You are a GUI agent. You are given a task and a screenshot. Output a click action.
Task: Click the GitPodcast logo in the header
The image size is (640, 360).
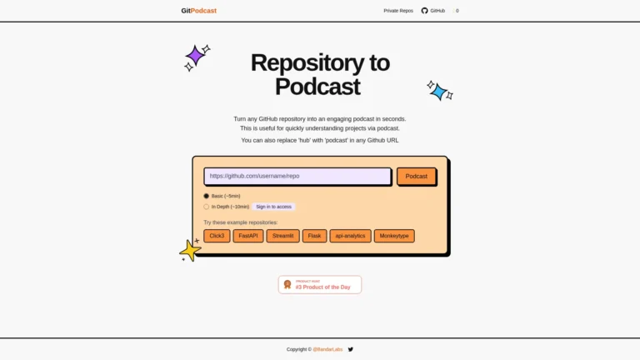tap(198, 11)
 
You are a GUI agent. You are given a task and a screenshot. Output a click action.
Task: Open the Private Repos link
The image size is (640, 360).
tap(398, 11)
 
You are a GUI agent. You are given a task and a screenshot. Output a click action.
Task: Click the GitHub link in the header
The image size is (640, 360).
tap(433, 11)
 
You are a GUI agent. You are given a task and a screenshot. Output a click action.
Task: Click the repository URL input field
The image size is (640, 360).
tap(297, 176)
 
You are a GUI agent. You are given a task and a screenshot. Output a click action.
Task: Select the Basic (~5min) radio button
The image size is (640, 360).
tap(207, 196)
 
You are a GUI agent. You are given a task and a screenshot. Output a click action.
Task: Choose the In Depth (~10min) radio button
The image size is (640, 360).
tap(207, 207)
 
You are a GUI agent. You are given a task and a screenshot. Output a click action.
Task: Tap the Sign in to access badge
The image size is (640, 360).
tap(274, 207)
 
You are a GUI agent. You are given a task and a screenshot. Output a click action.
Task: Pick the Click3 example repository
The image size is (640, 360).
tap(217, 236)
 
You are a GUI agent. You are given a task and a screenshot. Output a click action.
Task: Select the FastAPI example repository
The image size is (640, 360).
tap(248, 236)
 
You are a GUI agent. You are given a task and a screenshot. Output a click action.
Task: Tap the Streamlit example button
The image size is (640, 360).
tap(283, 236)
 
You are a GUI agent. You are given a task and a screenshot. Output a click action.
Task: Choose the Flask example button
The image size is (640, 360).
tap(314, 236)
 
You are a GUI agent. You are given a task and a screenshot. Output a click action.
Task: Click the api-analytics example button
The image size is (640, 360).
tap(350, 236)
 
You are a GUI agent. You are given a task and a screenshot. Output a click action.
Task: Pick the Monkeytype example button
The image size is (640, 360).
tap(394, 236)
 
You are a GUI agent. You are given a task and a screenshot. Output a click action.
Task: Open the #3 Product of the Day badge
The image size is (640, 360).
tap(320, 285)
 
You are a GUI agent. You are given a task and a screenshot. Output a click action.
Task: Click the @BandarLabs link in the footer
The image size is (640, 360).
tap(327, 350)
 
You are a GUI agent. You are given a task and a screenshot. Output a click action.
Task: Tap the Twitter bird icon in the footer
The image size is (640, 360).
tap(351, 350)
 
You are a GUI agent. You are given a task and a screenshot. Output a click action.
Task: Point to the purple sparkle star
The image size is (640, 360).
tap(196, 56)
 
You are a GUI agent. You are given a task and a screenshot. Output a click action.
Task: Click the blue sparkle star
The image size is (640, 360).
tap(438, 91)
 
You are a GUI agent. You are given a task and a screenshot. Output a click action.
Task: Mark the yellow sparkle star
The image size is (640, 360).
tap(191, 250)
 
